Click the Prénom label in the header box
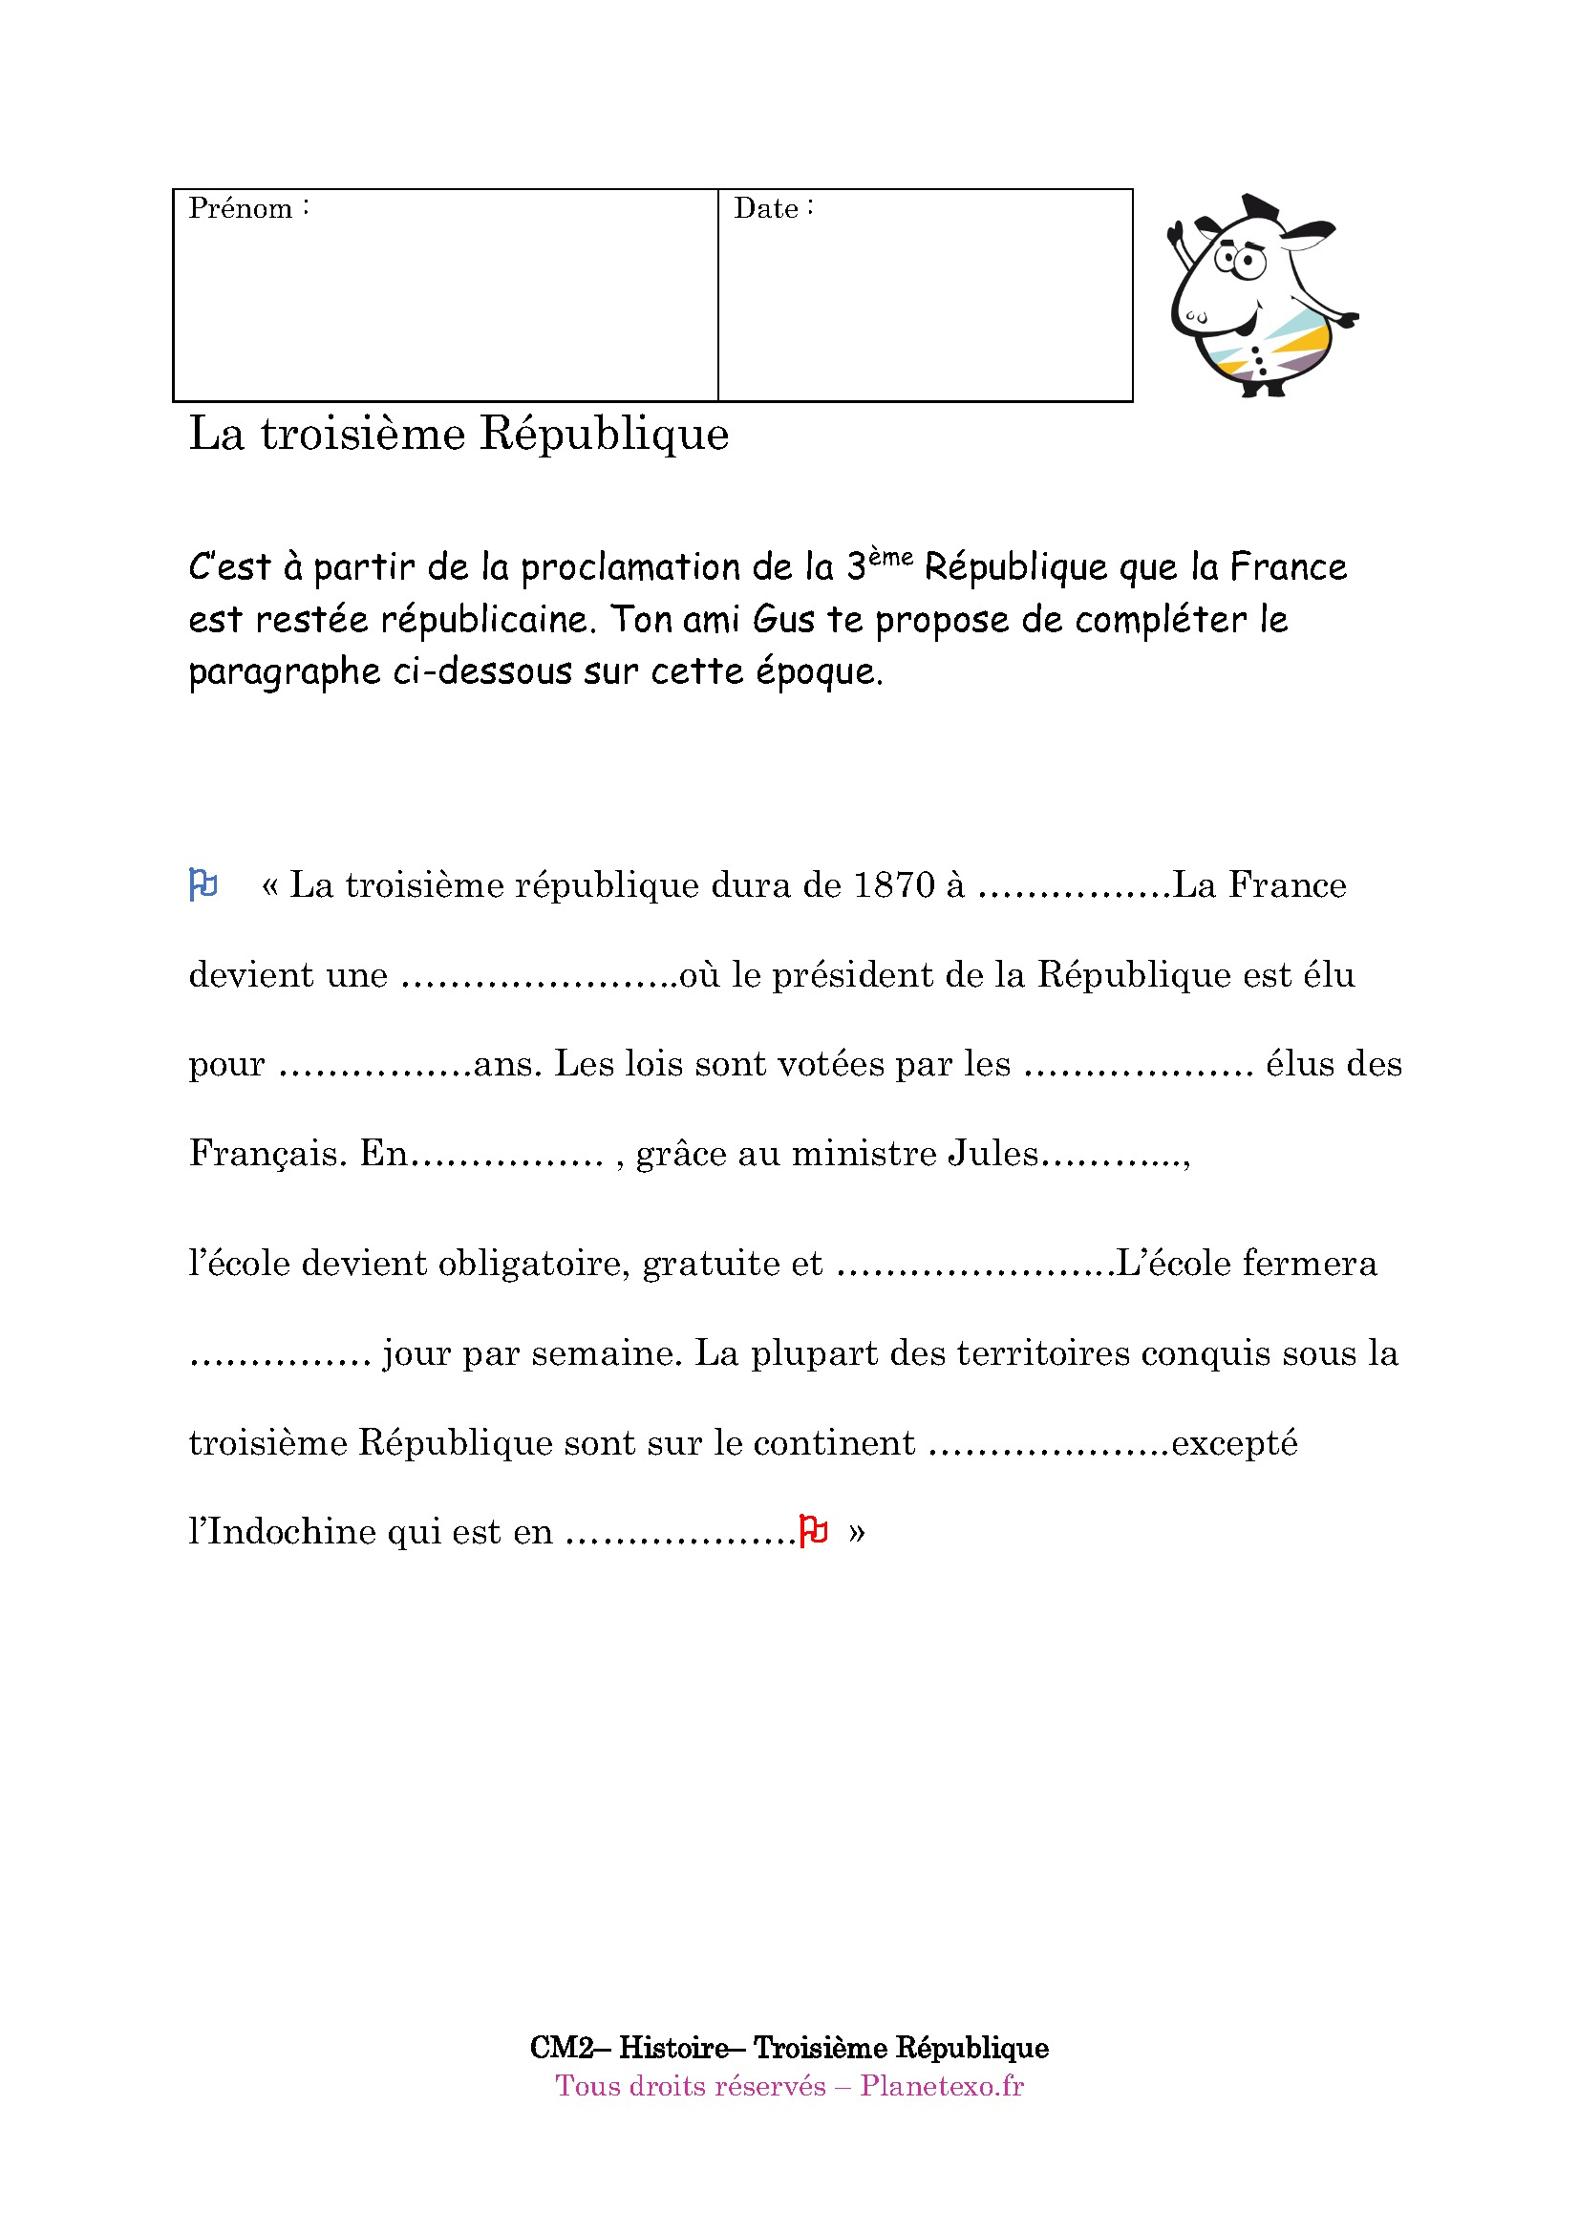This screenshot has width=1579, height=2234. tap(241, 208)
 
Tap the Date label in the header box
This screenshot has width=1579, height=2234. tap(766, 208)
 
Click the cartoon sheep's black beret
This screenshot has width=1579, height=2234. tap(1260, 207)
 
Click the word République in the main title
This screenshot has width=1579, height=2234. tap(604, 434)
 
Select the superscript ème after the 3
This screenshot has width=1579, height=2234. tap(890, 558)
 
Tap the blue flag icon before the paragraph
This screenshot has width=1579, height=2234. tap(203, 884)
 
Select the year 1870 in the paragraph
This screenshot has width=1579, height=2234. tap(893, 885)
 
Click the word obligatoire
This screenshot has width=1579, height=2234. tap(530, 1263)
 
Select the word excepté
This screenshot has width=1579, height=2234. tap(1233, 1442)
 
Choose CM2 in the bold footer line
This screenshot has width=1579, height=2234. tap(562, 2047)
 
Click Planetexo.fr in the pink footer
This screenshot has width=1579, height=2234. tap(941, 2086)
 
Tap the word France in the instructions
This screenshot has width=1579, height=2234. tap(1288, 567)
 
